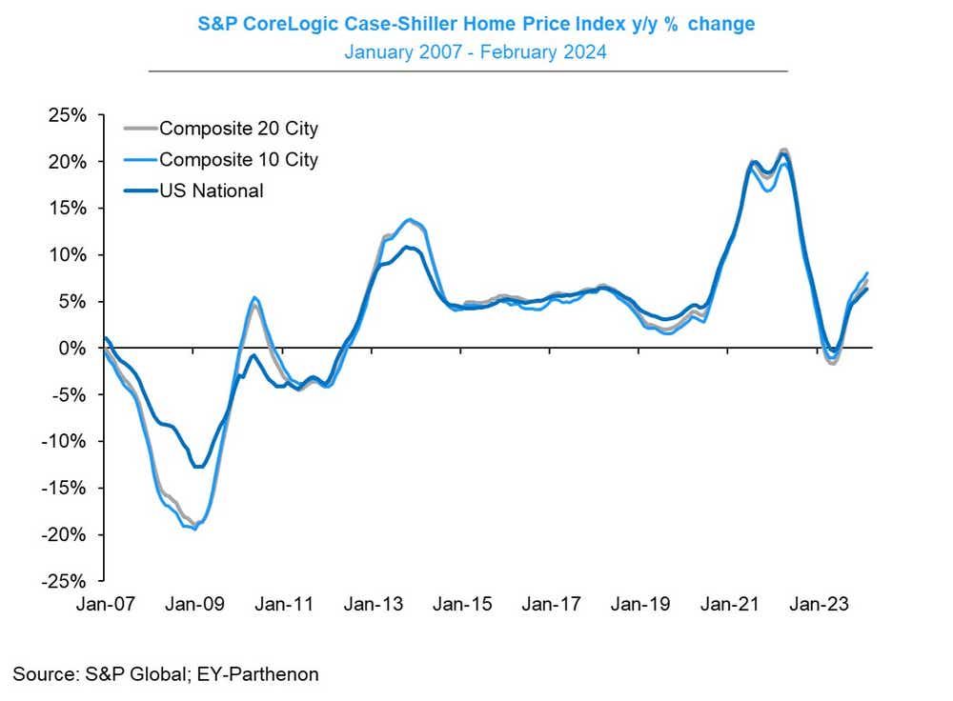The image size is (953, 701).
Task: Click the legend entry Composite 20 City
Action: point(238,129)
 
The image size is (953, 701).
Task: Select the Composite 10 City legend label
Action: point(238,159)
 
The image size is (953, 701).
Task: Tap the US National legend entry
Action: point(211,190)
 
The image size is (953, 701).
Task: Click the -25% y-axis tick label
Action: point(64,581)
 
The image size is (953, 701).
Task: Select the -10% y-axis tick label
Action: point(64,441)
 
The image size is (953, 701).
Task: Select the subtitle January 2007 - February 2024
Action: point(475,51)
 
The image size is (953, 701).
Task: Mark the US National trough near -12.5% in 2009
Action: point(197,467)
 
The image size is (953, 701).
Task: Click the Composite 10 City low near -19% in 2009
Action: point(195,529)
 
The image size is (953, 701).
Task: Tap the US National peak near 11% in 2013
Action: point(406,248)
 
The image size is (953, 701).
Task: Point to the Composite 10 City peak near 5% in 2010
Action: point(254,298)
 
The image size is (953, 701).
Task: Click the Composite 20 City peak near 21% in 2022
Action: point(783,150)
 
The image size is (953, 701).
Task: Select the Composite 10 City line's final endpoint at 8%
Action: point(866,273)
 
